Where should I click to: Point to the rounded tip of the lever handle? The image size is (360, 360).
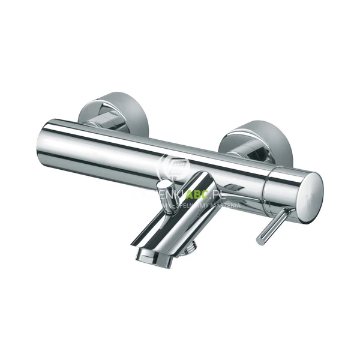pyautogui.click(x=260, y=241)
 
